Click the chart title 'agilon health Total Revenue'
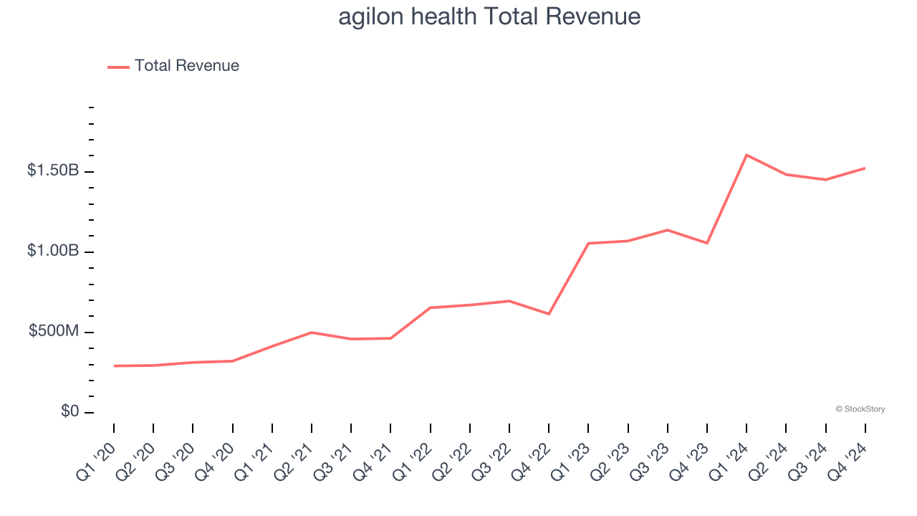489,16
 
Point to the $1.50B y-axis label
53,171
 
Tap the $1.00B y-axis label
53,251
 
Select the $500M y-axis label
54,331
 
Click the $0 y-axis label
69,411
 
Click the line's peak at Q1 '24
746,155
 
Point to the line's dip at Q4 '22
549,314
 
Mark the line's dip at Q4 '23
707,243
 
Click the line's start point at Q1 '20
114,365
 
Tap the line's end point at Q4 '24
865,168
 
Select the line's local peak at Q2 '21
312,333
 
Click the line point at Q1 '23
588,243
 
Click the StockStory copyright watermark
860,409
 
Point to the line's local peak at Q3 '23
668,230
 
